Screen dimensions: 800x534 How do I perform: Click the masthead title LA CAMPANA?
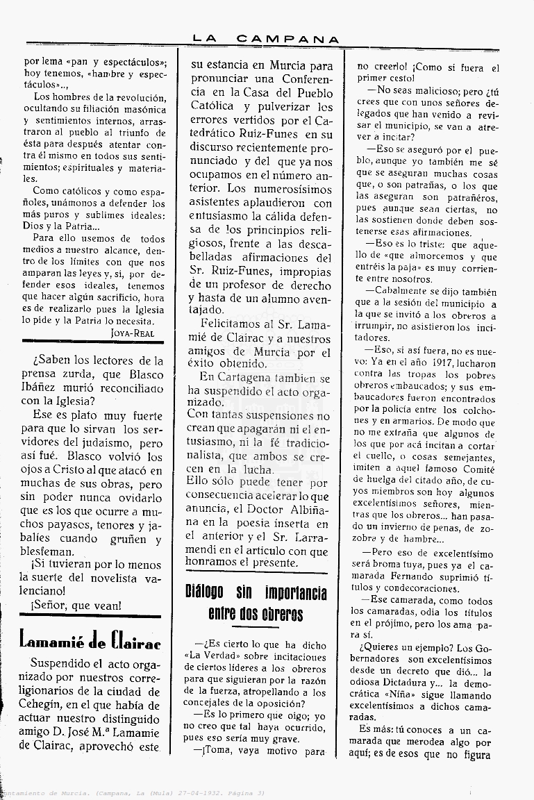coord(266,40)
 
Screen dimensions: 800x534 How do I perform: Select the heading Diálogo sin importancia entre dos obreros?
coord(256,603)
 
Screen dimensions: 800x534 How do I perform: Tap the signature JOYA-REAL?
coord(132,333)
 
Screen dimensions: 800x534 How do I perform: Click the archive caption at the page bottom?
coord(132,793)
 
